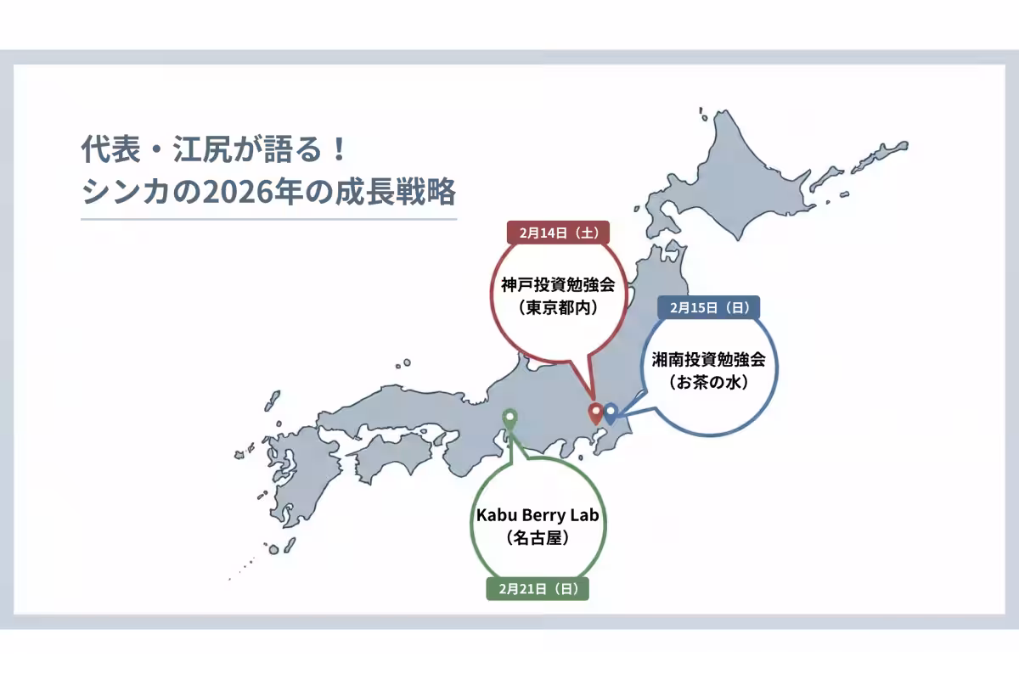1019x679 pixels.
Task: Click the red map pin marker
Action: pos(596,412)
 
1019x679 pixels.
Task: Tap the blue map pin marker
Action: pos(610,412)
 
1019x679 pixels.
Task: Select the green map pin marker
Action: pos(509,418)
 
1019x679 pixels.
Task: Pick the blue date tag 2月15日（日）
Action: pos(708,307)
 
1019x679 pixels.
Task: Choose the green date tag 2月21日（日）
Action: pos(537,588)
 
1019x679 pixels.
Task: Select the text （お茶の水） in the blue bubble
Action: pos(708,382)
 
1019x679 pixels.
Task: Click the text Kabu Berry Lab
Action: pos(537,515)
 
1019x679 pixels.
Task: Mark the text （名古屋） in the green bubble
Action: pos(537,538)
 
